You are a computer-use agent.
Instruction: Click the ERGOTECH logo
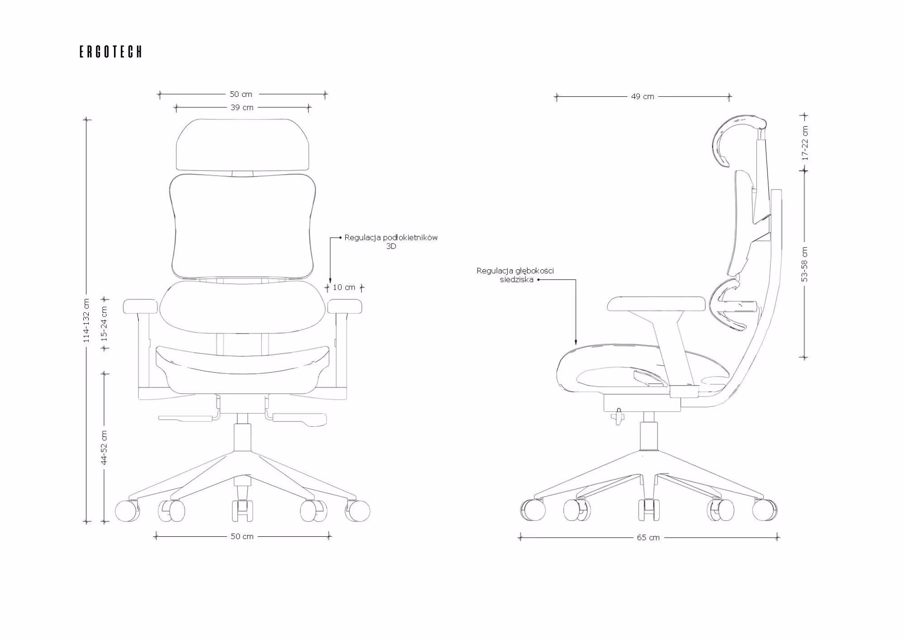(111, 52)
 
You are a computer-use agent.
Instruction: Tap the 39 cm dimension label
(242, 108)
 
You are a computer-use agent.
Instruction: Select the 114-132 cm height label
(87, 320)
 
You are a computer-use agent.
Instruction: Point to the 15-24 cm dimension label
(105, 324)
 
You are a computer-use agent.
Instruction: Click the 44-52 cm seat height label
(105, 447)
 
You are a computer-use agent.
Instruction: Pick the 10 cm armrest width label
(344, 287)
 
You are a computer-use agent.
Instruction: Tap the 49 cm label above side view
(643, 96)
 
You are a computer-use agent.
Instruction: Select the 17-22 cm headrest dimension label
(805, 143)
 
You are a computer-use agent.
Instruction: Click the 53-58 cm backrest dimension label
(805, 264)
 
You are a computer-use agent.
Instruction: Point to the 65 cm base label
(648, 538)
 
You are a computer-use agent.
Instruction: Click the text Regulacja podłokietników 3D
(391, 242)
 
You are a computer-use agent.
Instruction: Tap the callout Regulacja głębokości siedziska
(515, 275)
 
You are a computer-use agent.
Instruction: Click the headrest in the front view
(243, 145)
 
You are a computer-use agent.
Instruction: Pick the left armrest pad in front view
(140, 306)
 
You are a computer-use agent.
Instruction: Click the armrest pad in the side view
(656, 303)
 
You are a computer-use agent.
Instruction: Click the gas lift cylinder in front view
(243, 437)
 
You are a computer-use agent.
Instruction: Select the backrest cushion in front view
(243, 225)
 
